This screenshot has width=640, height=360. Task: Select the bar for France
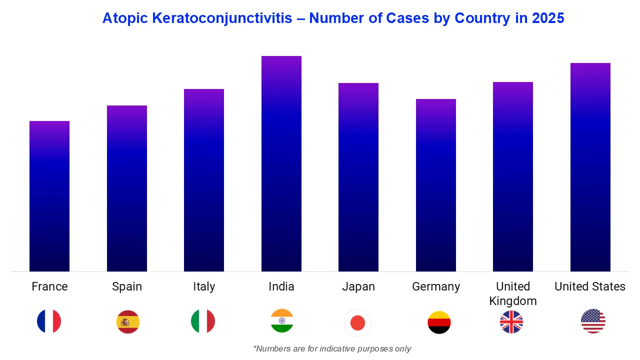pos(49,196)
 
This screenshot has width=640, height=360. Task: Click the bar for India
pos(281,164)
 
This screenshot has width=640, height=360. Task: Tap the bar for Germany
pos(436,185)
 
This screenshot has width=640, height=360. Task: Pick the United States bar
pos(590,167)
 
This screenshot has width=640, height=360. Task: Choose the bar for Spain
pos(127,188)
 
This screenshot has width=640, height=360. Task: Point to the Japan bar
pos(358,177)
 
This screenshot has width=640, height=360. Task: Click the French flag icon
pos(49,321)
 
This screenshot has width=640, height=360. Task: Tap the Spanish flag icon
pos(128,321)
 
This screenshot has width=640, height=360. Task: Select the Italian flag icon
pos(203,321)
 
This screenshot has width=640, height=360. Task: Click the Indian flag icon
pos(282,321)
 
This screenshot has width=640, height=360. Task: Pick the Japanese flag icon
pos(358,323)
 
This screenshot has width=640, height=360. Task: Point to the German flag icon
pos(439,322)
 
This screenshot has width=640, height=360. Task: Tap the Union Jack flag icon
pos(511,321)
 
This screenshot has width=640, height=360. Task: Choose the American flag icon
pos(593,321)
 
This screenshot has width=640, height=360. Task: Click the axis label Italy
pos(204,286)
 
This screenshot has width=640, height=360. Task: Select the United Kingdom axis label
pos(513,293)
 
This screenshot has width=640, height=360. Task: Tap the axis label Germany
pos(436,286)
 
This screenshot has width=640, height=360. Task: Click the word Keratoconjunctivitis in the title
pos(222,18)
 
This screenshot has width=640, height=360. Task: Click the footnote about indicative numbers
pos(332,348)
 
